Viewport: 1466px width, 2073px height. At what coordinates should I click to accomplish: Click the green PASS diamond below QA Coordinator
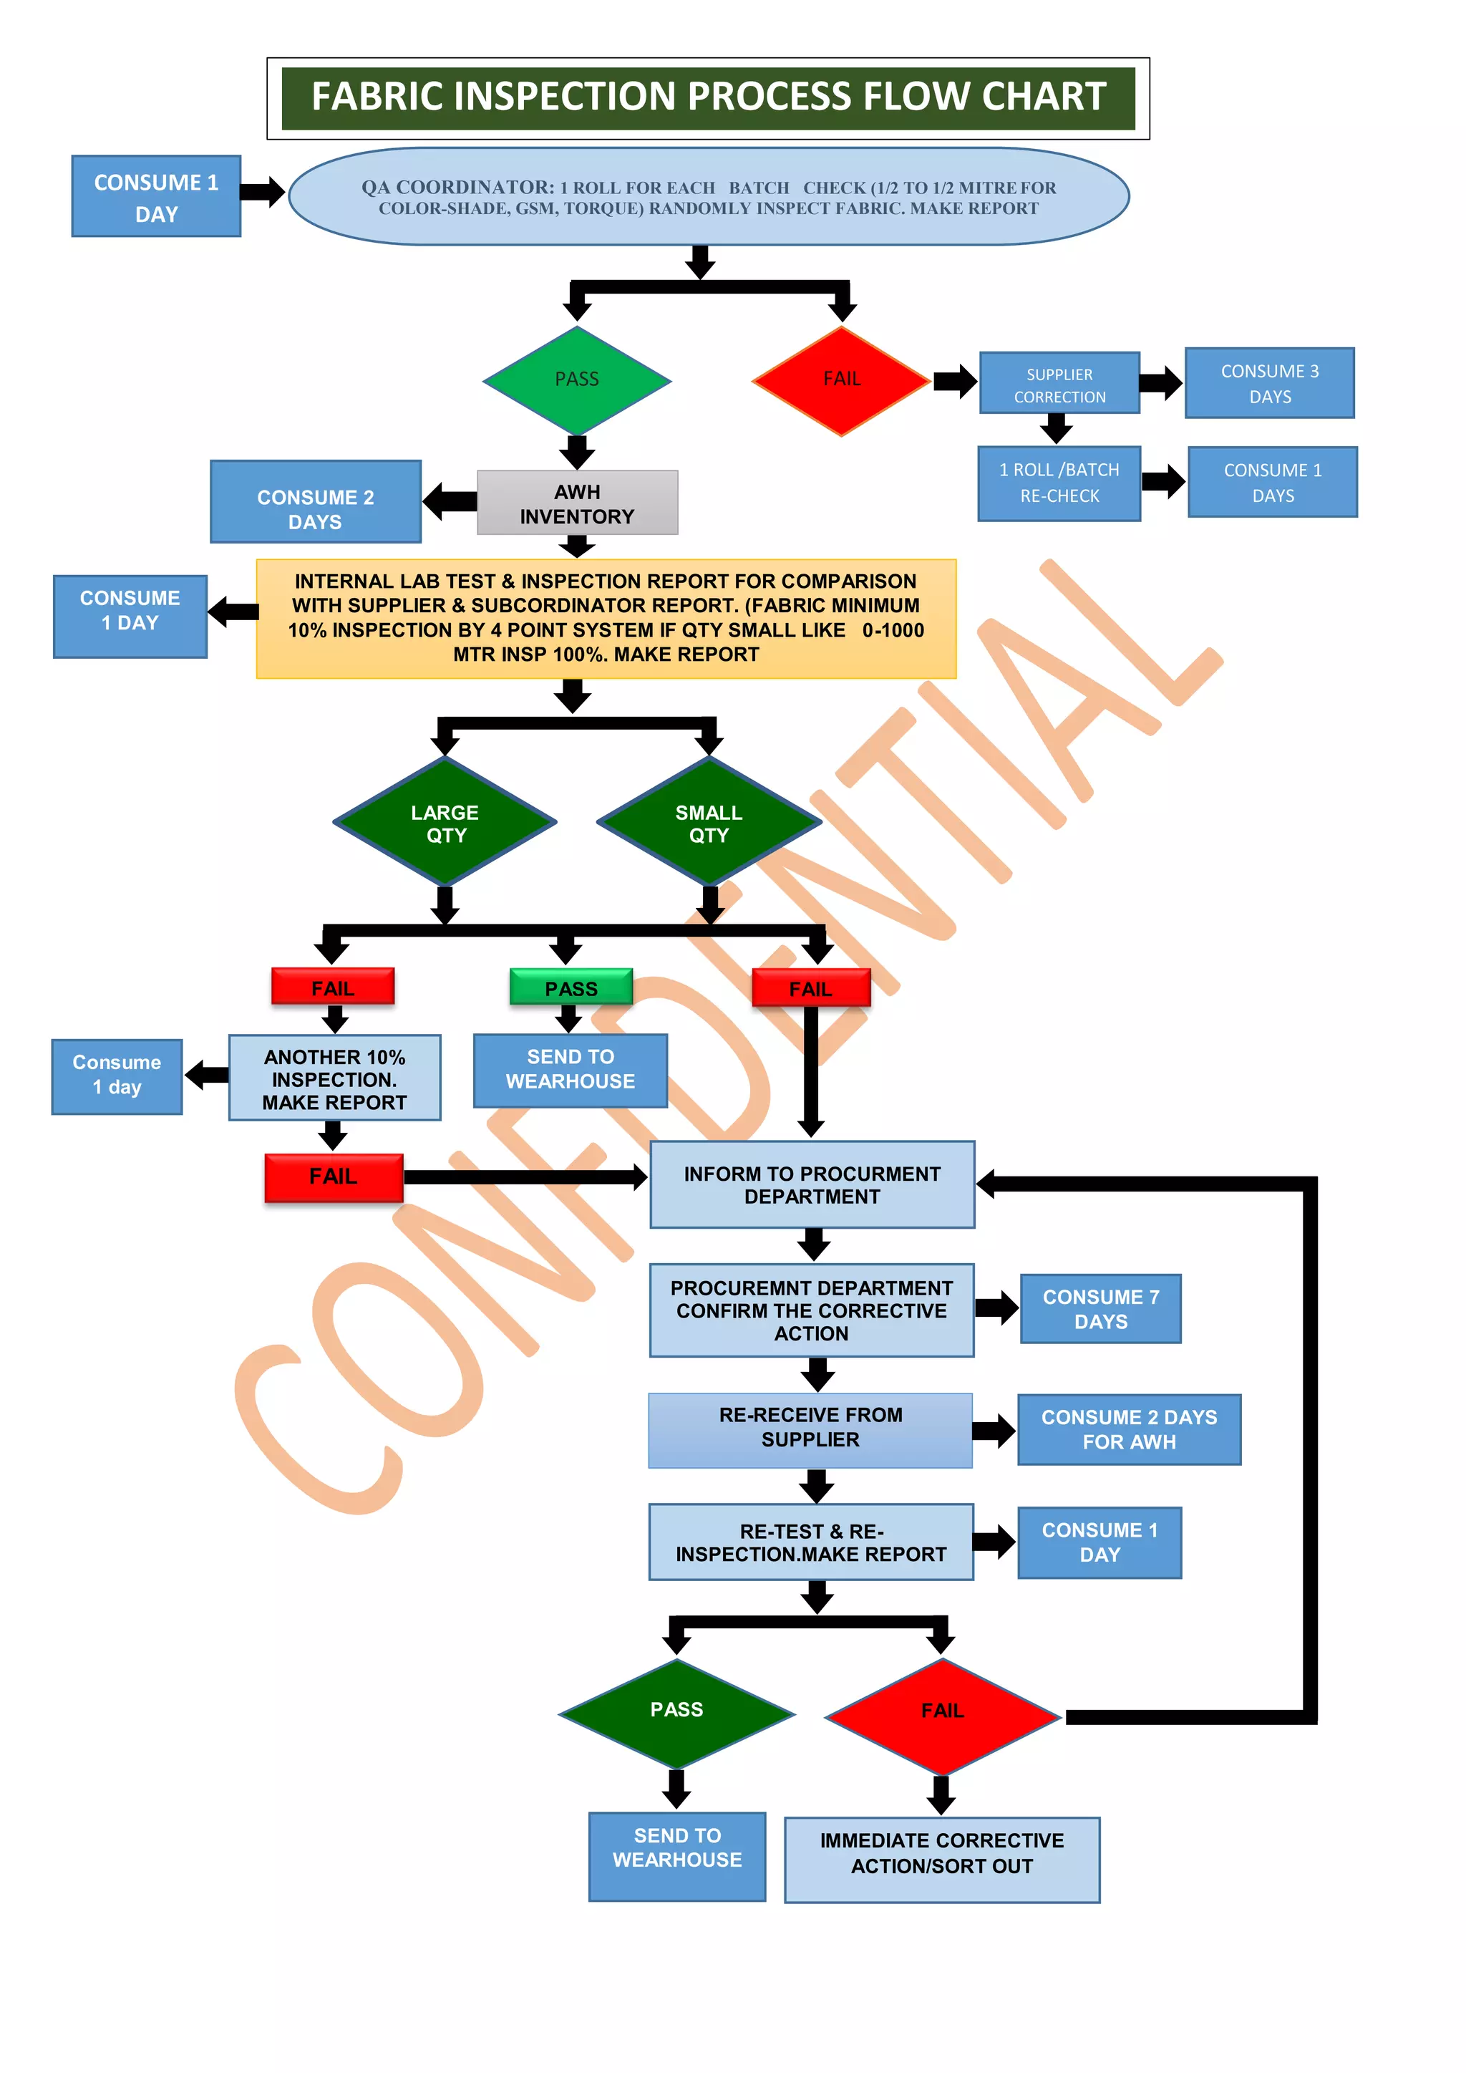tap(577, 380)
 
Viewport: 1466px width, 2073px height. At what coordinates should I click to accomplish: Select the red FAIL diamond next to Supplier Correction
tap(841, 380)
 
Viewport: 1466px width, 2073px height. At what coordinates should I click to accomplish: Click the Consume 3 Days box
tap(1269, 384)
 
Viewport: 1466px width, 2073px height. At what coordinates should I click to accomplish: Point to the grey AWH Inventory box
tap(577, 503)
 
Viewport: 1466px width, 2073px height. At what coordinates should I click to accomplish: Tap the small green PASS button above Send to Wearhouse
tap(571, 987)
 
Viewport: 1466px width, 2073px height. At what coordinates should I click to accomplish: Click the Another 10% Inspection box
tap(334, 1078)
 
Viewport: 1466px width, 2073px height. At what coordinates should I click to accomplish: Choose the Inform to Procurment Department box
tap(812, 1184)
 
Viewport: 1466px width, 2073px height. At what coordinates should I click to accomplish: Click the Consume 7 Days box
tap(1100, 1308)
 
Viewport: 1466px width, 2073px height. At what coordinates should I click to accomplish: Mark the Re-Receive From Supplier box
tap(810, 1429)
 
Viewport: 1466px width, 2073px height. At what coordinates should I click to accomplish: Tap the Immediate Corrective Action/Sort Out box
tap(941, 1860)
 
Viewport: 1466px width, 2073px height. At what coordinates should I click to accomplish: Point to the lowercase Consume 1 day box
tap(117, 1076)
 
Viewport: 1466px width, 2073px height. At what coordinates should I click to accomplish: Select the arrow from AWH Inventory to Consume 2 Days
tap(449, 501)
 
